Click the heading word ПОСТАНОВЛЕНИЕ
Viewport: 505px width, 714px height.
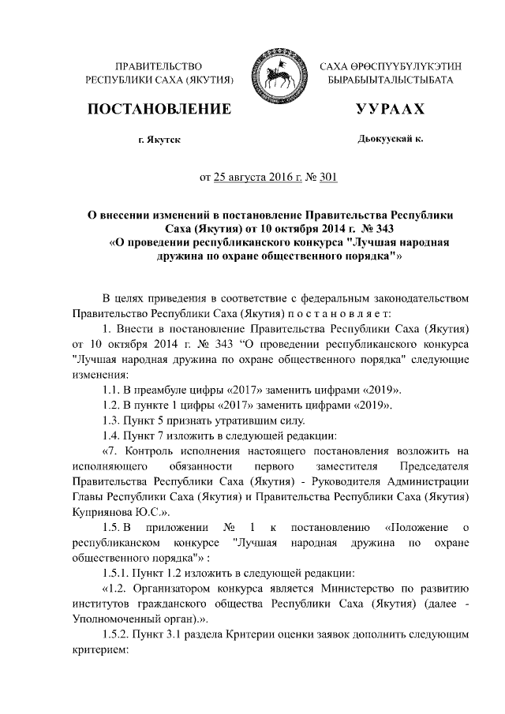point(163,109)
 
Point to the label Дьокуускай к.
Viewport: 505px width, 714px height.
point(390,139)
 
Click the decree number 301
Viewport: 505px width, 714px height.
point(328,178)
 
